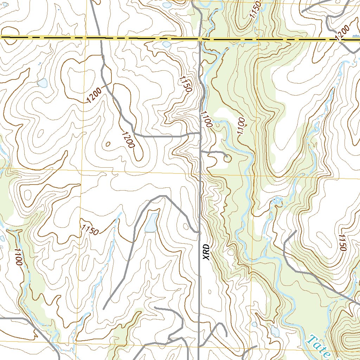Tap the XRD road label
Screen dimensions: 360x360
[x=206, y=252]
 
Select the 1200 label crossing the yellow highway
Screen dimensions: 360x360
[x=343, y=34]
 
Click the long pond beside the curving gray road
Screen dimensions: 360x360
[x=152, y=223]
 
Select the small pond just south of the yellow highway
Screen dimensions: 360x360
[x=167, y=45]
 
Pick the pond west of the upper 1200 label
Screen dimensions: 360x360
[x=42, y=83]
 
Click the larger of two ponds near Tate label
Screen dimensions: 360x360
[x=275, y=331]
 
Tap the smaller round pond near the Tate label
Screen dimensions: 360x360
[x=254, y=324]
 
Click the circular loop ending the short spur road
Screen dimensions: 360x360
[x=227, y=159]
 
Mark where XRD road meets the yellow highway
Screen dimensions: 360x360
[x=200, y=38]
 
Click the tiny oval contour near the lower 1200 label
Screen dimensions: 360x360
[x=108, y=143]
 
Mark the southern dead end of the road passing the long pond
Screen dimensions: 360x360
[x=104, y=309]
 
